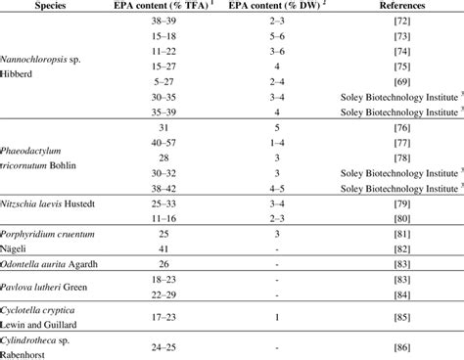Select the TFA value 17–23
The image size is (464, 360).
point(177,318)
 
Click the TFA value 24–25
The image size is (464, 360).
point(177,347)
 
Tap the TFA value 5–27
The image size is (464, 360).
point(177,81)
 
